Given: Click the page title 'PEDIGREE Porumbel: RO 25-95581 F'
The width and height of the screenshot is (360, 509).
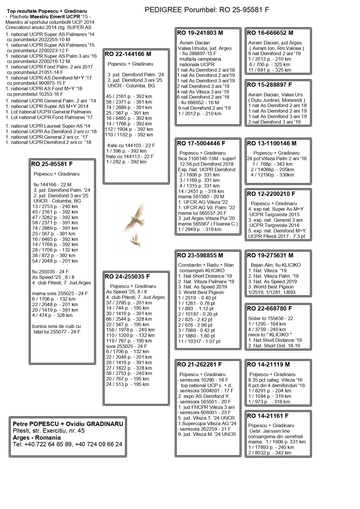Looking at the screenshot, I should pyautogui.click(x=207, y=10).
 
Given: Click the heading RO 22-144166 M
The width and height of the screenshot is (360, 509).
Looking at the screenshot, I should pyautogui.click(x=128, y=54).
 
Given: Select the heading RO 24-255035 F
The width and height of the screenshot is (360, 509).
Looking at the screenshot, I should pyautogui.click(x=127, y=277).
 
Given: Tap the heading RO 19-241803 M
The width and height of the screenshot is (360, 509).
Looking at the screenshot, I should pyautogui.click(x=200, y=33).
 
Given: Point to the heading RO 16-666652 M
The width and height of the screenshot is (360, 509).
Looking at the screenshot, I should pyautogui.click(x=270, y=33).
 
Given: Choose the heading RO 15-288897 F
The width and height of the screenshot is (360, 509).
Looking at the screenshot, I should pyautogui.click(x=269, y=85).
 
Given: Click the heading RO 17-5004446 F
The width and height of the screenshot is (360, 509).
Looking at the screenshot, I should pyautogui.click(x=201, y=143).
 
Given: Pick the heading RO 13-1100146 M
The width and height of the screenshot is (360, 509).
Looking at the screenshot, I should pyautogui.click(x=272, y=143).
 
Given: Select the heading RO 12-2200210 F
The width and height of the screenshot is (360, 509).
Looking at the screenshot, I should pyautogui.click(x=271, y=194).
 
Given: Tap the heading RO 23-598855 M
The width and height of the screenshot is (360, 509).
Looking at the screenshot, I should pyautogui.click(x=200, y=255).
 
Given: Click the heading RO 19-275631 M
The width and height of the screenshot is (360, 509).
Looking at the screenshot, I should pyautogui.click(x=270, y=255).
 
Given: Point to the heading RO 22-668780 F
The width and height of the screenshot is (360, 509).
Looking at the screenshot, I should pyautogui.click(x=269, y=308).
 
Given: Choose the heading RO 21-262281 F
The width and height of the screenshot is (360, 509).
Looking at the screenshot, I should pyautogui.click(x=199, y=365).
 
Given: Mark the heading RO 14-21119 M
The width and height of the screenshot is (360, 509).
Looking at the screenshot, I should pyautogui.click(x=268, y=365).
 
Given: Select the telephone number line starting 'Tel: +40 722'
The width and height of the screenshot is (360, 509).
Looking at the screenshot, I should pyautogui.click(x=68, y=445).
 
